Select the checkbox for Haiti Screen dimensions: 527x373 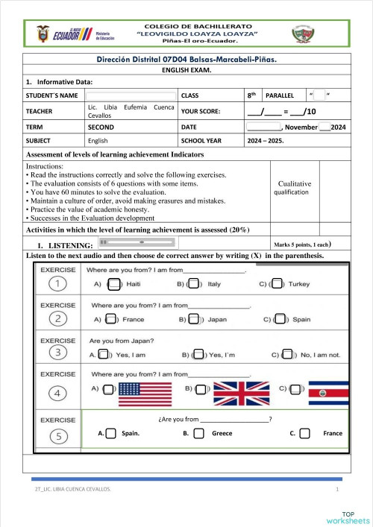(113, 283)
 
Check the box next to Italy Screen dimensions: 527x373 (193, 283)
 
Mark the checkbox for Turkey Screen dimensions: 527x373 (277, 283)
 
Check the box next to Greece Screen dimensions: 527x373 (198, 433)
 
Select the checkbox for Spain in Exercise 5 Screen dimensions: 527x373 (110, 433)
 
